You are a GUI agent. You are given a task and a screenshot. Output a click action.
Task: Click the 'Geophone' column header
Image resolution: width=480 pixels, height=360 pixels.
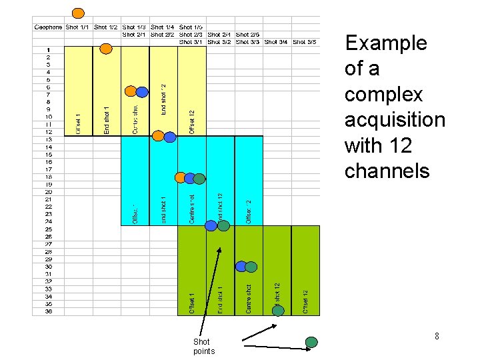click(47, 27)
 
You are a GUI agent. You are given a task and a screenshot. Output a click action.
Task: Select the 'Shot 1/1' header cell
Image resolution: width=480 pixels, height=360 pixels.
click(78, 27)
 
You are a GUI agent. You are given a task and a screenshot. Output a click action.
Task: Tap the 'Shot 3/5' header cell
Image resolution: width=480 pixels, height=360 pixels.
click(304, 41)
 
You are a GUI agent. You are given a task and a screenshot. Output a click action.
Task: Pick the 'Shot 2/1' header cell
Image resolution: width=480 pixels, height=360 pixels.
click(135, 35)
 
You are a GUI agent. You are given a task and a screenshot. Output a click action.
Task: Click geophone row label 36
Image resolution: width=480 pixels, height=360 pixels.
click(49, 311)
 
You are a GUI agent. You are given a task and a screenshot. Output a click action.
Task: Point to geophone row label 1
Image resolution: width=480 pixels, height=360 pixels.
click(49, 49)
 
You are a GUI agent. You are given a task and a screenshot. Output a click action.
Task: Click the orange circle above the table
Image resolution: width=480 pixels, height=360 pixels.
click(78, 13)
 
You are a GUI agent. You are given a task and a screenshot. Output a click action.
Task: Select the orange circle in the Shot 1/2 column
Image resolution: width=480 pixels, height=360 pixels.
click(105, 48)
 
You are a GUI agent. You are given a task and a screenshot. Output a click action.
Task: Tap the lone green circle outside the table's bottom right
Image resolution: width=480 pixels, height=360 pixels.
click(311, 342)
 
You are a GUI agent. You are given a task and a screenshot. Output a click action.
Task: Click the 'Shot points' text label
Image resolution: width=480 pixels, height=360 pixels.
click(203, 347)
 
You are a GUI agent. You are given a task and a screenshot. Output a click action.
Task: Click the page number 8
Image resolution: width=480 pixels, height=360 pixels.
click(437, 337)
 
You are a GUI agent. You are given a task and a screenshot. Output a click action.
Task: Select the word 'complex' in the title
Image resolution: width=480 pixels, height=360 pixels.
click(375, 94)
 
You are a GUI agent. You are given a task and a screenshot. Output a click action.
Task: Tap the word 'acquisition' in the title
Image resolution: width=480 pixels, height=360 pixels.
click(395, 120)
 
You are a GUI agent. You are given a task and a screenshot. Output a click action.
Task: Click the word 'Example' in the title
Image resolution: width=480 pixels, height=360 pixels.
click(385, 43)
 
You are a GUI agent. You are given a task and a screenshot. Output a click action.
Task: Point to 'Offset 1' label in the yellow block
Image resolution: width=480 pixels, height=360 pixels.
click(78, 123)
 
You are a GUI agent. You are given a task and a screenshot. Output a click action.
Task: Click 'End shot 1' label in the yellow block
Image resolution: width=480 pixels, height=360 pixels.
click(107, 119)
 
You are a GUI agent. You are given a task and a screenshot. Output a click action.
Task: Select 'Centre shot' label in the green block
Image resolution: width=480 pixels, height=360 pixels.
click(248, 298)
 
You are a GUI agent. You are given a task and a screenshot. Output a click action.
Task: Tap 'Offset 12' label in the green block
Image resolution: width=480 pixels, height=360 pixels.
click(305, 301)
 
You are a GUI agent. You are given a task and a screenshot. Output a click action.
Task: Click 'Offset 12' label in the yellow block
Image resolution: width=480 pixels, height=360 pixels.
click(191, 122)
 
